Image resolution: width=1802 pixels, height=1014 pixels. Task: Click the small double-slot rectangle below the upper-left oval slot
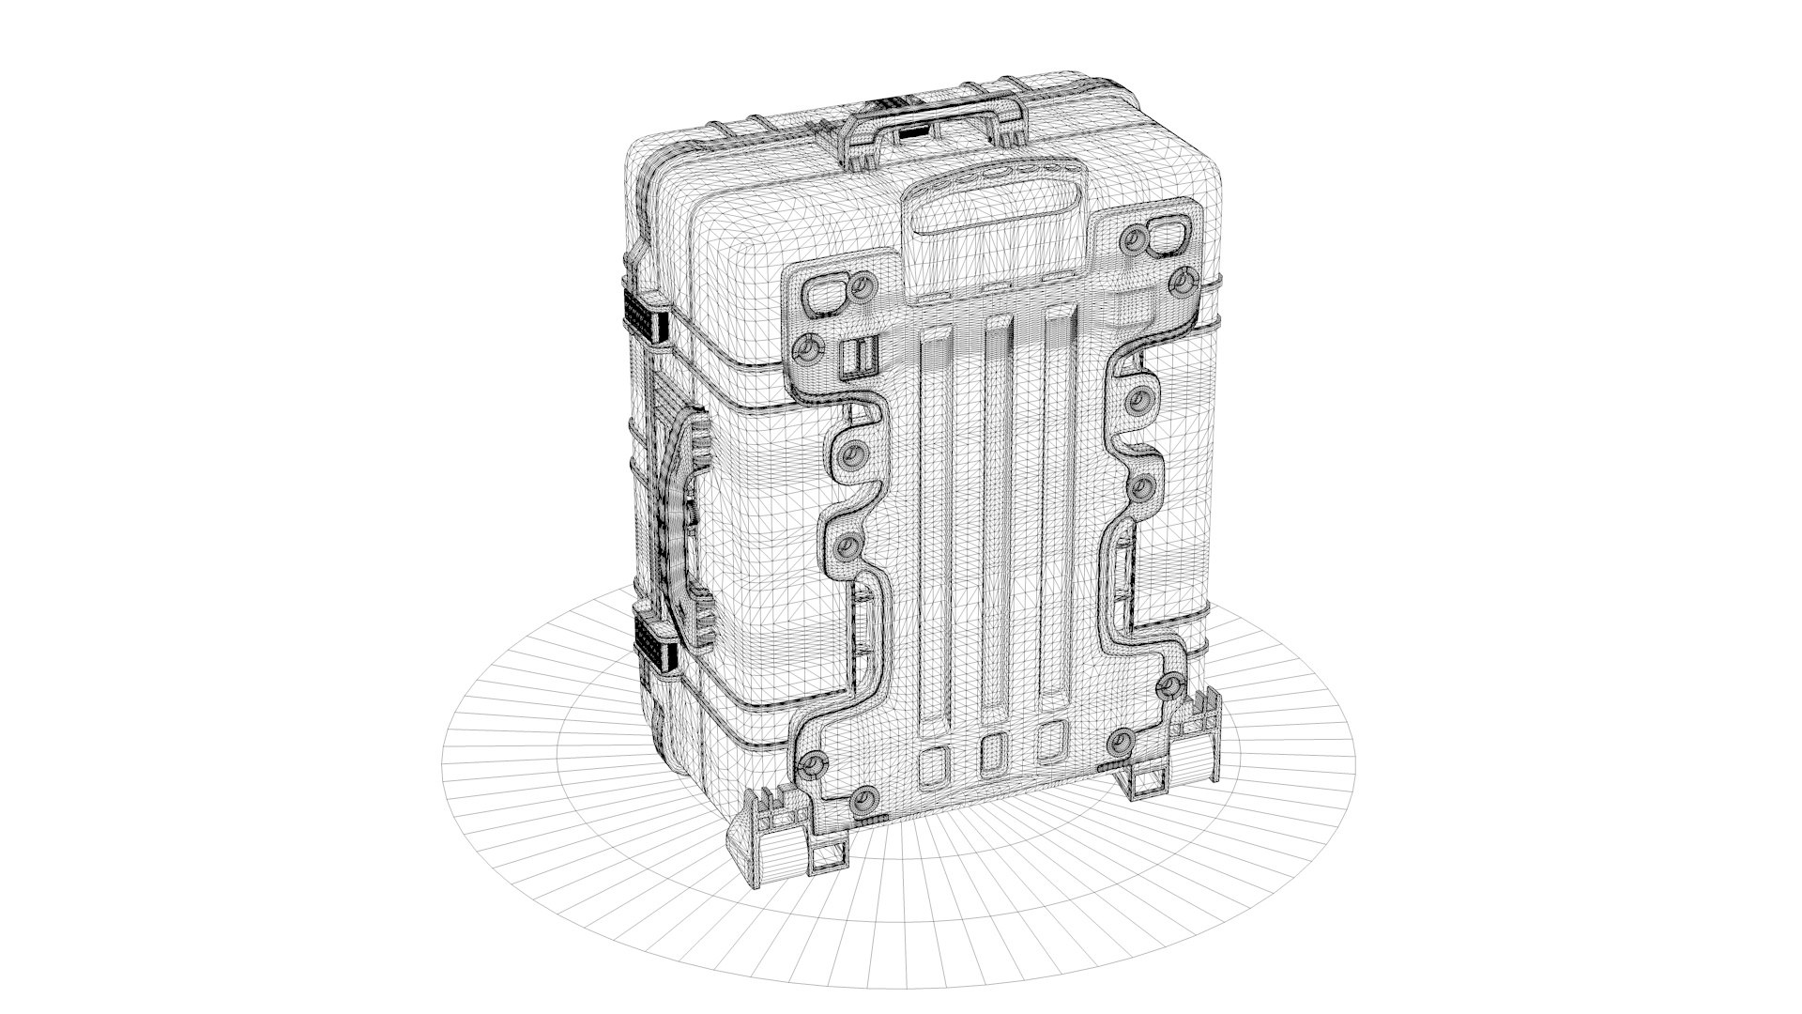(x=857, y=357)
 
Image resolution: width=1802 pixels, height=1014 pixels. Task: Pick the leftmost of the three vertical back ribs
(x=935, y=526)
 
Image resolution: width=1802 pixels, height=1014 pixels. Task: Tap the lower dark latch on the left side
(x=654, y=645)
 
